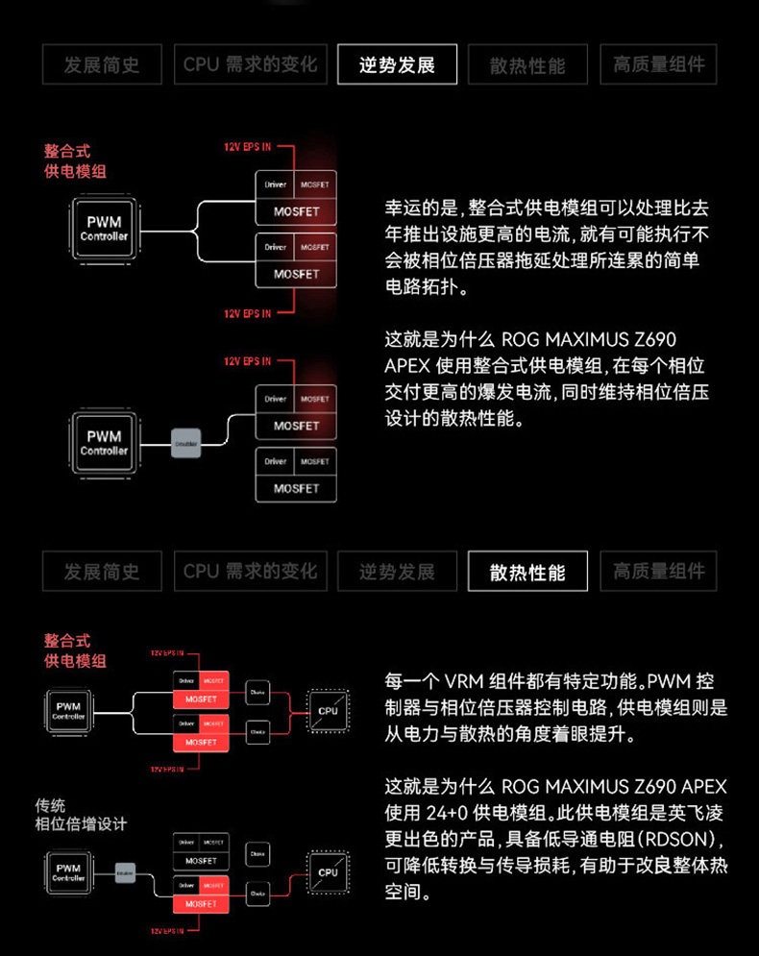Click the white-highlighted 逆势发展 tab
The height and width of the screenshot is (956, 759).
click(397, 64)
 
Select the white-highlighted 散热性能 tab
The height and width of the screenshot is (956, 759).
click(526, 572)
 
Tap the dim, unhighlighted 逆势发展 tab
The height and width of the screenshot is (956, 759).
click(397, 572)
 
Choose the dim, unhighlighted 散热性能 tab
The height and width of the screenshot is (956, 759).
click(526, 64)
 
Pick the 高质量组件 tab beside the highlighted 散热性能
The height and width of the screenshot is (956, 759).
click(658, 572)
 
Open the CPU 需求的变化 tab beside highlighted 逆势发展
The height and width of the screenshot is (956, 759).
click(250, 64)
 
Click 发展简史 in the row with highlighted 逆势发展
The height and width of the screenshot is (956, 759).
click(102, 64)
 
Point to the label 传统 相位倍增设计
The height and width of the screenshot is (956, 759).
click(81, 815)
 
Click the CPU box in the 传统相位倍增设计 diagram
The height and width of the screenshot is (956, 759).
click(328, 871)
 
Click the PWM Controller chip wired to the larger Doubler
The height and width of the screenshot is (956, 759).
click(104, 443)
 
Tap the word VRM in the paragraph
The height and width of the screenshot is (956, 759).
click(463, 682)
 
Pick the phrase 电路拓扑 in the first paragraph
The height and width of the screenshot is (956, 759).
click(423, 287)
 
